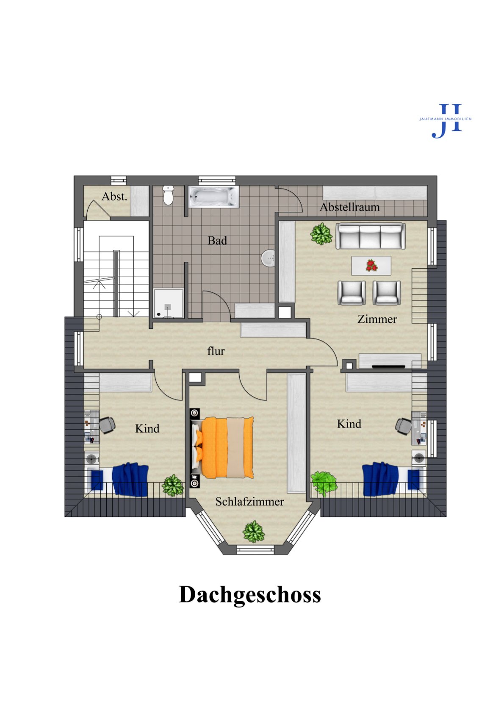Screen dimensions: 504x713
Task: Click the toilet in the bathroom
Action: tap(168, 195)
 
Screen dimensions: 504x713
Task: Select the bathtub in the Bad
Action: tap(213, 197)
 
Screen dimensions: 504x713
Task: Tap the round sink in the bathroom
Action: tap(268, 258)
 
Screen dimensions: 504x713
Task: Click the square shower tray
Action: tap(169, 303)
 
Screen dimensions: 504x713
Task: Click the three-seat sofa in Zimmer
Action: tap(371, 236)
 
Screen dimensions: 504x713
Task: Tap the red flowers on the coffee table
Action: tap(371, 266)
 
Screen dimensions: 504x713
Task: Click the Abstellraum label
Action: tap(350, 207)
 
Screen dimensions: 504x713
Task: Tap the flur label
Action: tap(216, 351)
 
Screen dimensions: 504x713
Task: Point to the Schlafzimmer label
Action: tap(250, 502)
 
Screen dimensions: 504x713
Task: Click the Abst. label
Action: tap(114, 197)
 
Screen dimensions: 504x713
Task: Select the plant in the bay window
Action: tap(254, 532)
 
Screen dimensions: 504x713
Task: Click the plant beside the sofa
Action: tap(321, 234)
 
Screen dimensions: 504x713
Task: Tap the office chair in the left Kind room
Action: tap(107, 425)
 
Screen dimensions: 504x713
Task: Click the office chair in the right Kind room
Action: tap(404, 426)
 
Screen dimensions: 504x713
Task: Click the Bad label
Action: tap(217, 241)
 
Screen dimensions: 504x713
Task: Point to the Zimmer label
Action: tap(377, 319)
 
